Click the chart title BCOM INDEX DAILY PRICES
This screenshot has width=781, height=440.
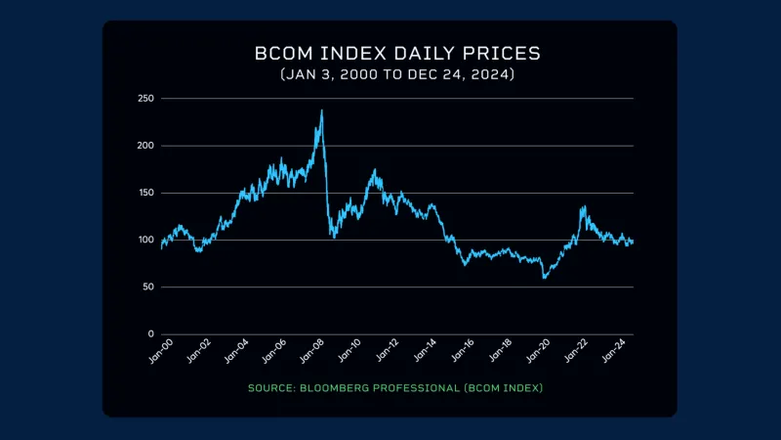click(x=390, y=53)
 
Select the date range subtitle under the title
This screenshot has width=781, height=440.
click(x=390, y=74)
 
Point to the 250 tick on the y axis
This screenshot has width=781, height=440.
click(x=146, y=99)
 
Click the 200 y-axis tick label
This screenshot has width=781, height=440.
click(x=146, y=146)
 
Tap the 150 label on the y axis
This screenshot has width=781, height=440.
click(x=146, y=193)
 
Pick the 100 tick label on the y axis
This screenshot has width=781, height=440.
click(x=146, y=240)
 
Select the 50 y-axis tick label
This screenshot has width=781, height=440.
click(x=148, y=286)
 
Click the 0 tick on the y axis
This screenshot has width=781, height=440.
click(x=151, y=333)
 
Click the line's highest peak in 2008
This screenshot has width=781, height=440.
click(x=321, y=110)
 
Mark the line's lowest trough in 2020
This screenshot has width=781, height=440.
click(x=545, y=278)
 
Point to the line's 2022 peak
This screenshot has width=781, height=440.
click(x=583, y=206)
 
